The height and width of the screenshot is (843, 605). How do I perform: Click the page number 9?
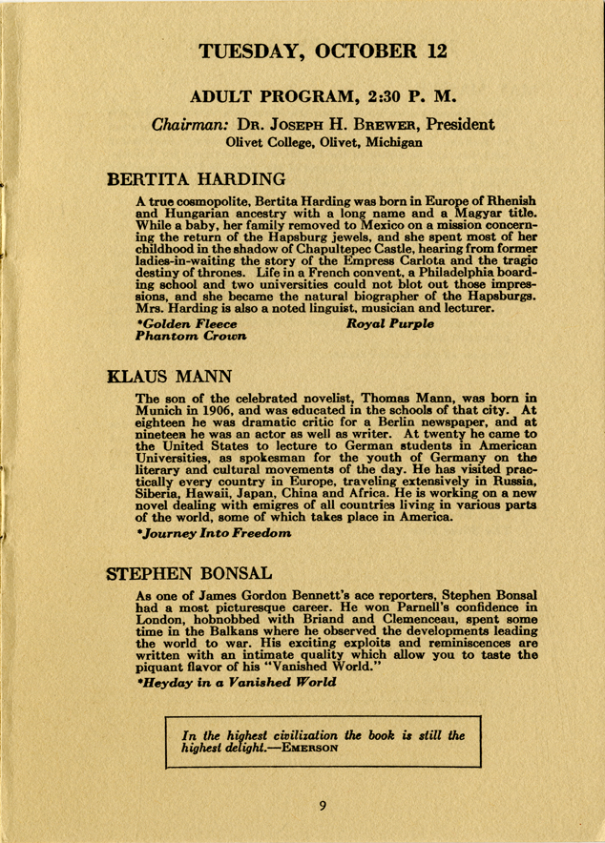(323, 807)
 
